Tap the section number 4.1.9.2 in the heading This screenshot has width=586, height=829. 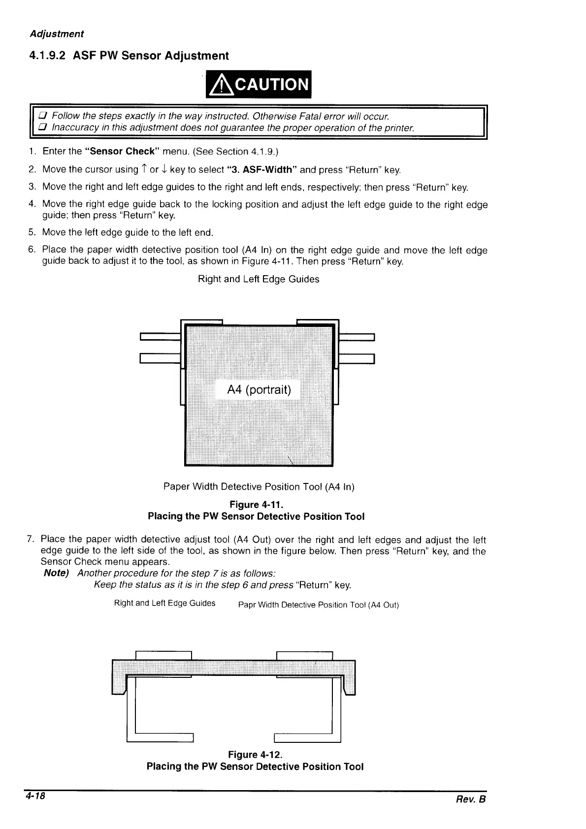47,56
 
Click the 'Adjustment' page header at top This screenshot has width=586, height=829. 57,34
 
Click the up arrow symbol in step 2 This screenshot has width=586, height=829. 144,170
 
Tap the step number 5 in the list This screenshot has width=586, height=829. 32,232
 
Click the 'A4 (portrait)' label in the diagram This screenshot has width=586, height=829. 259,390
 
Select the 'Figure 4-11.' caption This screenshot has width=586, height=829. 257,505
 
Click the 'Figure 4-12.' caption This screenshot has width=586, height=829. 255,755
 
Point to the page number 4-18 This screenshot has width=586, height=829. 36,796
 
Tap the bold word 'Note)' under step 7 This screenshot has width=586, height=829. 57,574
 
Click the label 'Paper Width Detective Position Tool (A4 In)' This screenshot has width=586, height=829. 259,487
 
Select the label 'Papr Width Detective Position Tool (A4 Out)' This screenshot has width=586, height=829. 318,605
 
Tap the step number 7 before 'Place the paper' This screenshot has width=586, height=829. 30,540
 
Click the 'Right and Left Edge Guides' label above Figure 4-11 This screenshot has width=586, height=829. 259,279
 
